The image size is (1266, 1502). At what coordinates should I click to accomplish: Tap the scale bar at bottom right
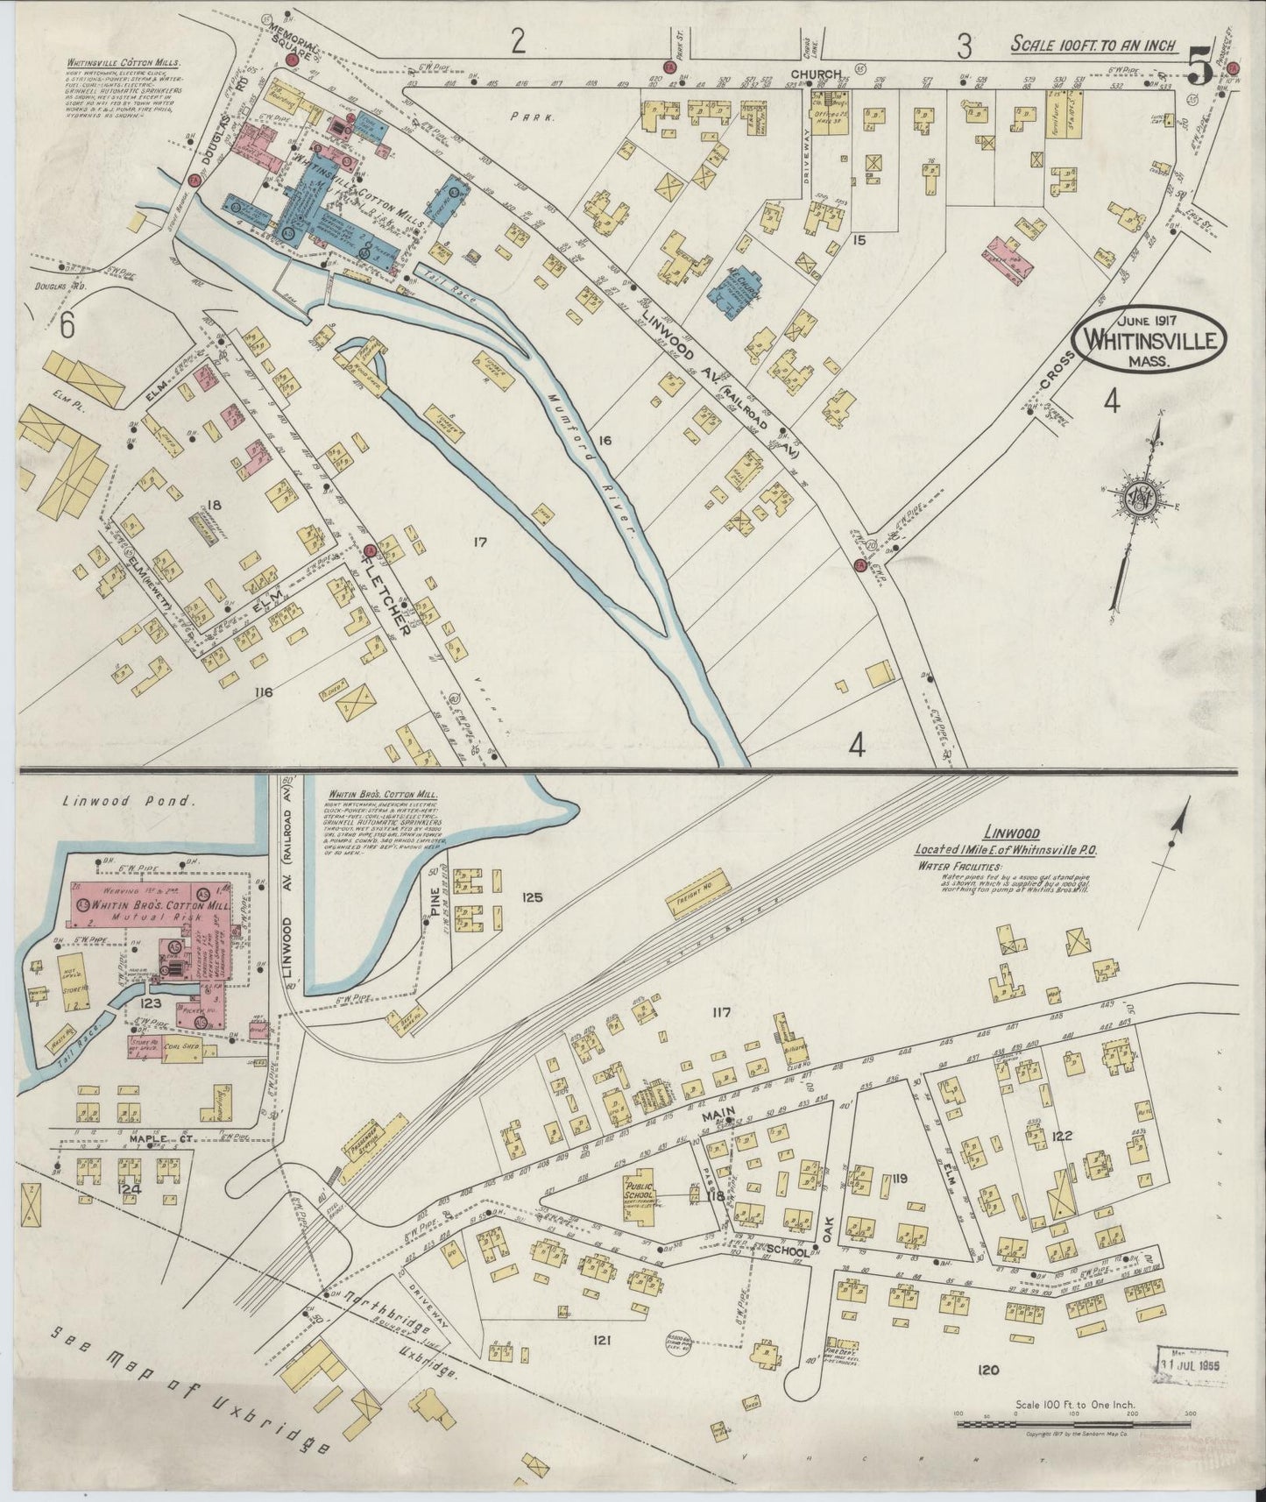(x=1073, y=1425)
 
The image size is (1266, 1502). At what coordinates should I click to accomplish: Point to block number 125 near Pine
(x=532, y=897)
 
